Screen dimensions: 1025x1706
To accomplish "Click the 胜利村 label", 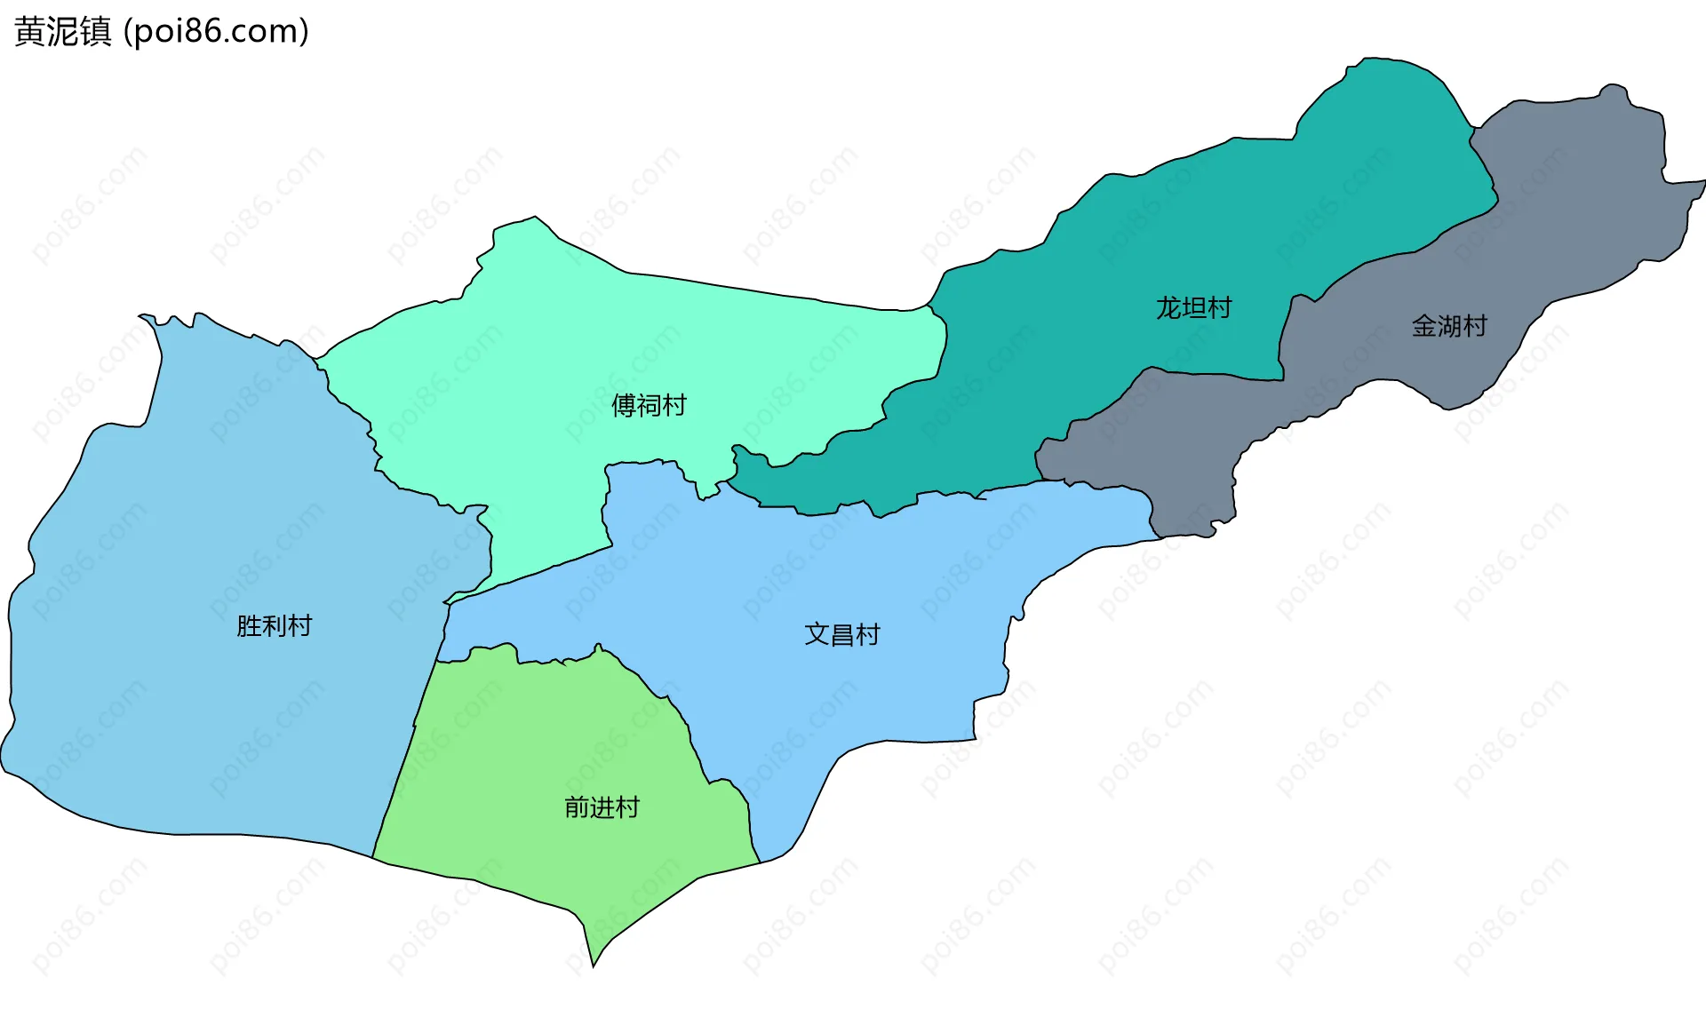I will pyautogui.click(x=274, y=626).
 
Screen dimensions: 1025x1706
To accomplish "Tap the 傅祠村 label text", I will pyautogui.click(x=649, y=406).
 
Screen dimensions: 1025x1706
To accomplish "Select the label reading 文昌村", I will pyautogui.click(x=841, y=634).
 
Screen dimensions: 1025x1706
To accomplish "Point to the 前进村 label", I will pyautogui.click(x=602, y=807).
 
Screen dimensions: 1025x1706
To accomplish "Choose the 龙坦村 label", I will pyautogui.click(x=1193, y=308).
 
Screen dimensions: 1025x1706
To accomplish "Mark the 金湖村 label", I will pyautogui.click(x=1449, y=326).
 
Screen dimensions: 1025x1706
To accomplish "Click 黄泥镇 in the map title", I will pyautogui.click(x=63, y=32).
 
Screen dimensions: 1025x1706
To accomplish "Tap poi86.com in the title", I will pyautogui.click(x=216, y=32).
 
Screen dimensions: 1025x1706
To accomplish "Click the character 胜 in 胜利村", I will pyautogui.click(x=249, y=626).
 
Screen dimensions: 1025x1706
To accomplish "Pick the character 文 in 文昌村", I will pyautogui.click(x=816, y=634).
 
